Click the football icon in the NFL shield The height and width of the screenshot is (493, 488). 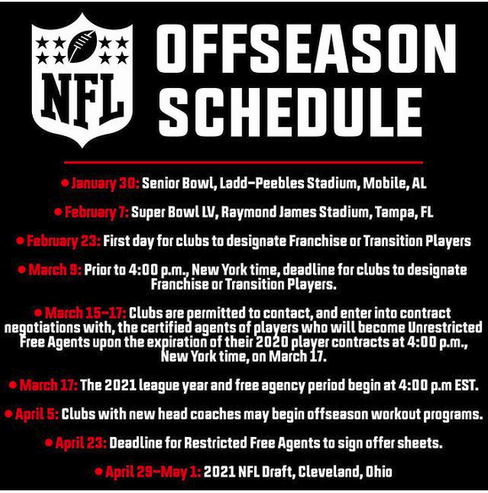pos(83,46)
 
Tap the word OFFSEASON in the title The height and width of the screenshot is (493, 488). pos(306,48)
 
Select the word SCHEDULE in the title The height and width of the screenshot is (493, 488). pos(290,112)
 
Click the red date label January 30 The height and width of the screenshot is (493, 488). pos(105,183)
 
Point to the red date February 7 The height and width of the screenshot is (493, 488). pos(97,212)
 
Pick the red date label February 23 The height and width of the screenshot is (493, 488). pos(64,241)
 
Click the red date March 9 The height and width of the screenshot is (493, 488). pos(55,270)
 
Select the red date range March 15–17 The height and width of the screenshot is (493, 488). pos(85,314)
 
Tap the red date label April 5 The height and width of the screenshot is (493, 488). pos(36,414)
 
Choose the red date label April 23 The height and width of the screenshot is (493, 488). pos(81,443)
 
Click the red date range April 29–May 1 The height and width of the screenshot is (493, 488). pos(153,472)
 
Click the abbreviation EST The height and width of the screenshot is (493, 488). pos(467,386)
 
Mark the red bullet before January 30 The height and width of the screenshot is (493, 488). pos(65,183)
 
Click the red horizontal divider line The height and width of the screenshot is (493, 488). pos(244,163)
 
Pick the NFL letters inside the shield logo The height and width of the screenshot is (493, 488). pos(83,99)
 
